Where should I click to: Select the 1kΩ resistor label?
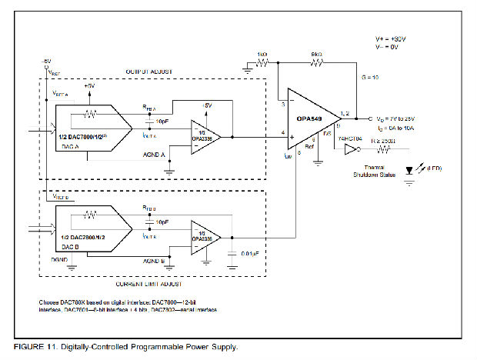pos(262,55)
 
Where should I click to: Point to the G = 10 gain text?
pos(370,78)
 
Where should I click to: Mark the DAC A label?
pos(70,145)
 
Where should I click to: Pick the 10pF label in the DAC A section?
pos(163,122)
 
